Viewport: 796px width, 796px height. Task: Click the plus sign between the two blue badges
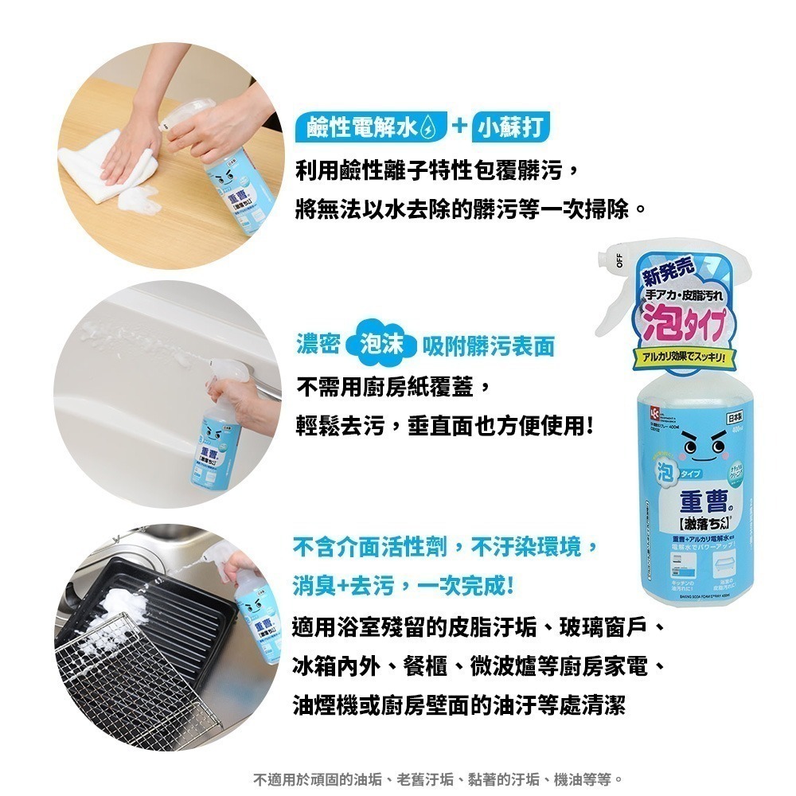click(458, 128)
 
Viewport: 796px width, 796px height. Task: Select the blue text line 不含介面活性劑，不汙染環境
click(445, 548)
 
